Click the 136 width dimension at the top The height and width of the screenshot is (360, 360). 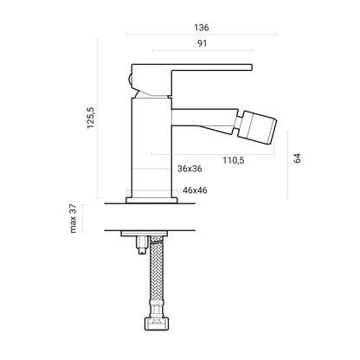202,28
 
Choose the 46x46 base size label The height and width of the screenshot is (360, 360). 193,190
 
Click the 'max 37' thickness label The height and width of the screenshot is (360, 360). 74,218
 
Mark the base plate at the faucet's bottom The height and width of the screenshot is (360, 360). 152,200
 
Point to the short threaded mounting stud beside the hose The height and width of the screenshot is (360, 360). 139,248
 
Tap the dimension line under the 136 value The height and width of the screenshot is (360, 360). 202,35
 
